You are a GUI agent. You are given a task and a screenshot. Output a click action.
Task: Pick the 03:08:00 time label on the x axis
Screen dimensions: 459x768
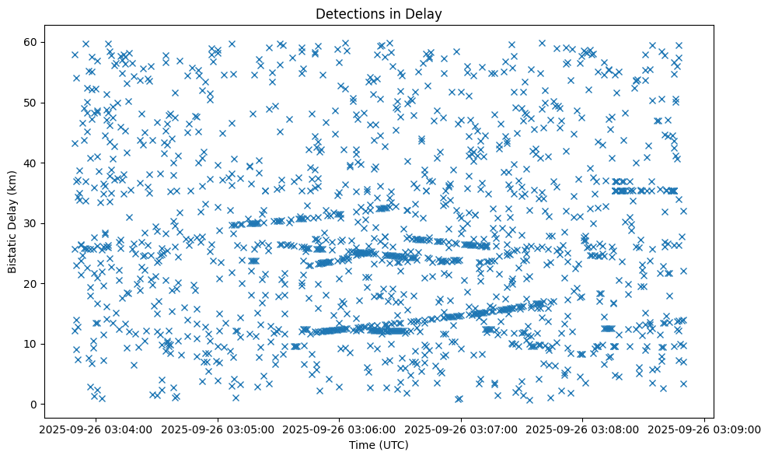(x=582, y=429)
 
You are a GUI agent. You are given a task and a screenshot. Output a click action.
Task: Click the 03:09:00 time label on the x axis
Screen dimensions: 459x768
(x=703, y=429)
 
